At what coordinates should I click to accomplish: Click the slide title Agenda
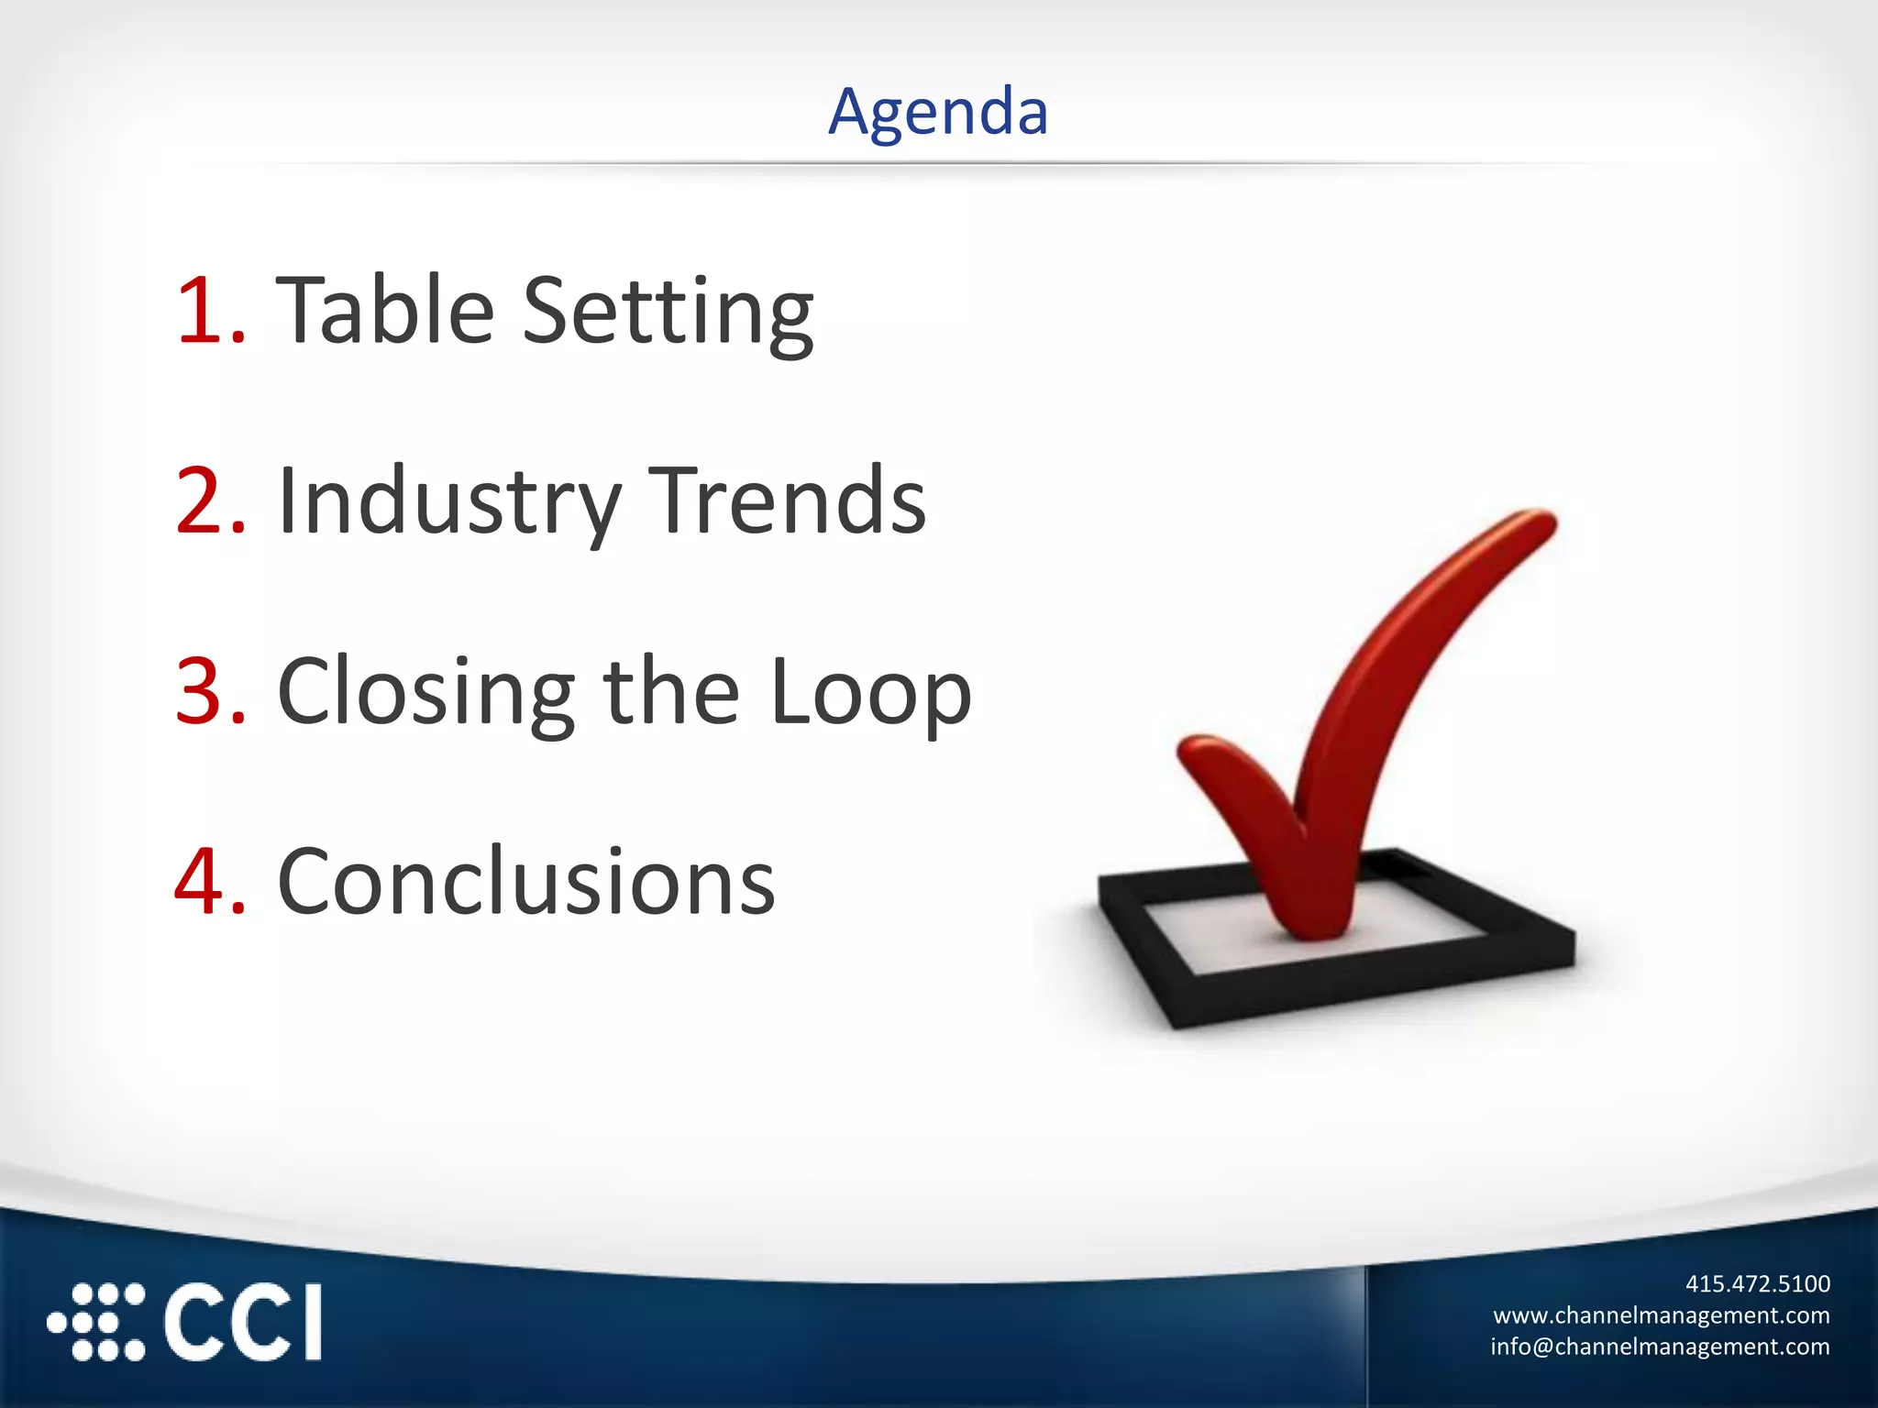pyautogui.click(x=938, y=112)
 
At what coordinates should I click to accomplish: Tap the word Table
pyautogui.click(x=385, y=311)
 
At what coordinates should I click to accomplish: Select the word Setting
pyautogui.click(x=668, y=313)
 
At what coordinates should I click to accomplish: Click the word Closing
pyautogui.click(x=426, y=694)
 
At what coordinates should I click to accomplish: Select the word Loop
pyautogui.click(x=871, y=694)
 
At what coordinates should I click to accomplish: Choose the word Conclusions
pyautogui.click(x=525, y=882)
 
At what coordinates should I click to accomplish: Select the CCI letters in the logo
pyautogui.click(x=243, y=1322)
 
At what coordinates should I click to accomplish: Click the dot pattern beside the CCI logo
pyautogui.click(x=96, y=1322)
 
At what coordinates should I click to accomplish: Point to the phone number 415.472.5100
pyautogui.click(x=1757, y=1283)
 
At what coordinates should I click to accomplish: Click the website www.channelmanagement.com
pyautogui.click(x=1661, y=1315)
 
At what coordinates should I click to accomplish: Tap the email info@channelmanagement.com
pyautogui.click(x=1659, y=1347)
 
